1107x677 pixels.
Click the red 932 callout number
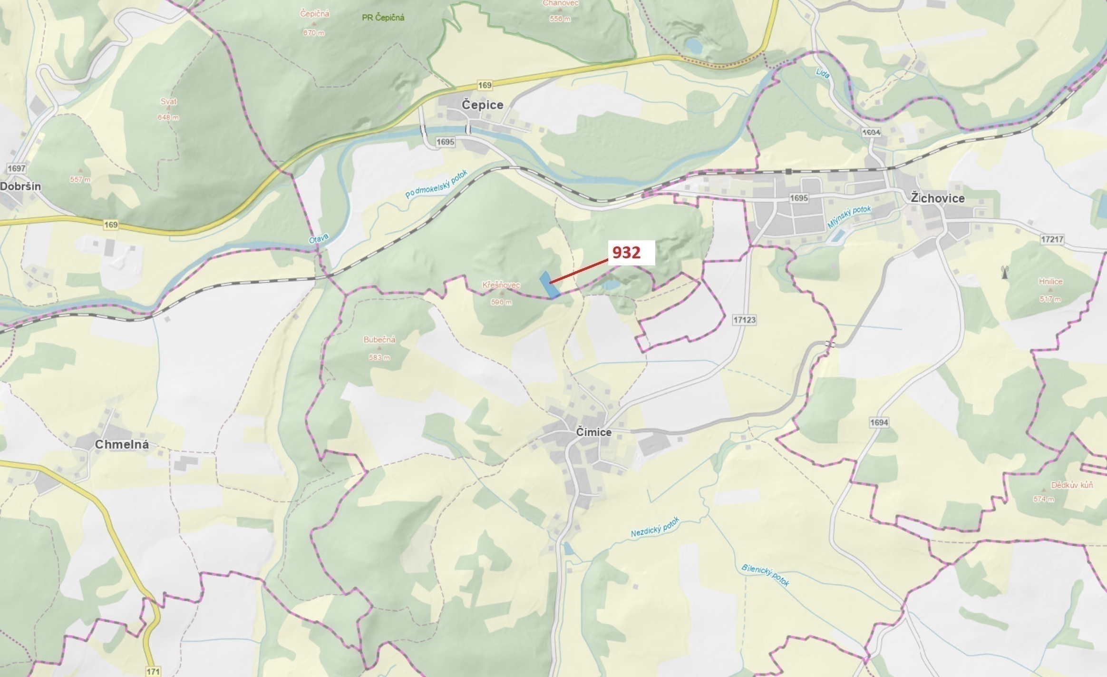point(626,253)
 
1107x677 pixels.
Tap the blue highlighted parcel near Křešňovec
point(548,285)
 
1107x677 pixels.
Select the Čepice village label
point(482,105)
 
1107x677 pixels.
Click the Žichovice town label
point(937,198)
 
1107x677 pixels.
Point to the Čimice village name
point(593,432)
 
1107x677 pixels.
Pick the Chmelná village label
point(122,445)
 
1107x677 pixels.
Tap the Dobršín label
point(20,186)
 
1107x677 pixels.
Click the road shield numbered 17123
point(744,320)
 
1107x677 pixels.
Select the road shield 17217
point(1052,239)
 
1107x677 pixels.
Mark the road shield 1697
point(17,168)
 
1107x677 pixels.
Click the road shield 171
point(153,671)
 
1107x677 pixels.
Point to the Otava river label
point(319,238)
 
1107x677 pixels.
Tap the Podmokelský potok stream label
point(437,184)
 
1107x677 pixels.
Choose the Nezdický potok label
point(655,527)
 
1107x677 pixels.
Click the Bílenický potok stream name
point(765,575)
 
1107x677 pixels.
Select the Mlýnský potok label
point(849,216)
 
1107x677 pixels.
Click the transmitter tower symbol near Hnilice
point(1005,273)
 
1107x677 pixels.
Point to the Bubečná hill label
point(379,340)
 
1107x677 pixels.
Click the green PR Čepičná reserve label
point(383,18)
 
